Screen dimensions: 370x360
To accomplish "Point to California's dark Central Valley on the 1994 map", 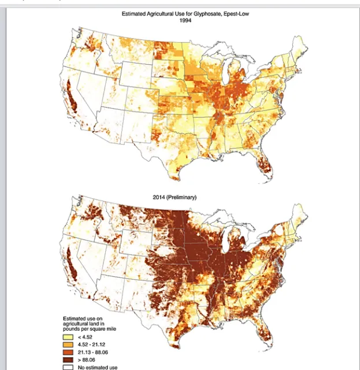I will point(72,98).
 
